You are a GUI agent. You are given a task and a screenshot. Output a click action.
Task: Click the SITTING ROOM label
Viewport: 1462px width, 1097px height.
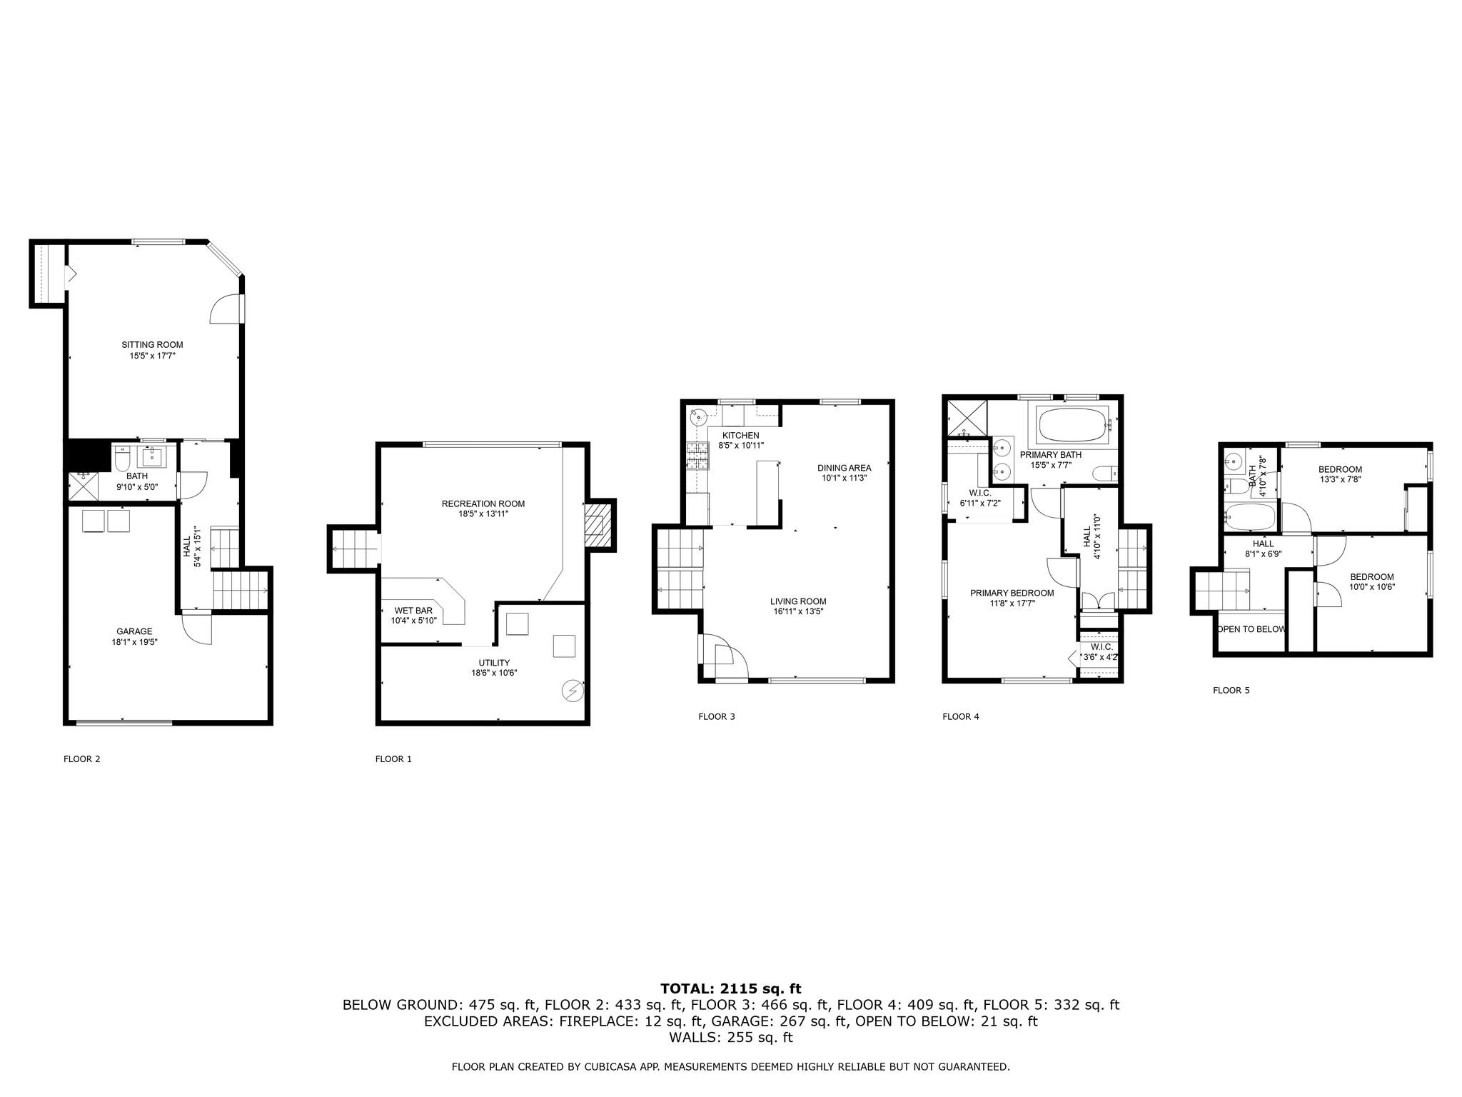(x=152, y=345)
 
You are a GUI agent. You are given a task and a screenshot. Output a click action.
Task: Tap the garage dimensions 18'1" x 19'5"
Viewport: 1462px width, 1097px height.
(x=134, y=641)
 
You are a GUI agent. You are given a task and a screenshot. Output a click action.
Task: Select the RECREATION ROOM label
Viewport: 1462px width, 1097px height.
(x=483, y=504)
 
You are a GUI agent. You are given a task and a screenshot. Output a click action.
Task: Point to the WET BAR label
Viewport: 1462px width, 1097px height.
(x=413, y=611)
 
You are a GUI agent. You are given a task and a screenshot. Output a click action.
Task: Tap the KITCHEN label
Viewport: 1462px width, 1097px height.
(x=740, y=436)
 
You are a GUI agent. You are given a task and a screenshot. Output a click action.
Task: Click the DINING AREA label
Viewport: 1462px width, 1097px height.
(x=844, y=468)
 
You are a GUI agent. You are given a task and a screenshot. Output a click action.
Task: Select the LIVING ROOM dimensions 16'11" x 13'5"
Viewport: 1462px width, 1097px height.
(x=797, y=611)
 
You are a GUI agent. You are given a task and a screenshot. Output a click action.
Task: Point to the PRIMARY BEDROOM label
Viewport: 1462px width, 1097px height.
(x=1012, y=593)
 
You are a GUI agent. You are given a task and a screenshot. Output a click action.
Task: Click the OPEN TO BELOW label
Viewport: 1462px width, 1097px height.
(x=1251, y=629)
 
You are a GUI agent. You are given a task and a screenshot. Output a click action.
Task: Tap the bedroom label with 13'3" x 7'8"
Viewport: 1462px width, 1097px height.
(x=1340, y=469)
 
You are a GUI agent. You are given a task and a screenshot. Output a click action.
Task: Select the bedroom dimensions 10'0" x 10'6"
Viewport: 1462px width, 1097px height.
(x=1371, y=587)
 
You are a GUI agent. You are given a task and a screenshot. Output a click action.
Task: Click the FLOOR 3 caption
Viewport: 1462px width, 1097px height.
(x=716, y=716)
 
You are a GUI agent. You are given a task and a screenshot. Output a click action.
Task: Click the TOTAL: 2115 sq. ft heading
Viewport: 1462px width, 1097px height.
(x=730, y=988)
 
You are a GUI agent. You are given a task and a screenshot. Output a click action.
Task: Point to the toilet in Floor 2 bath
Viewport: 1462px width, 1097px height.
(x=122, y=458)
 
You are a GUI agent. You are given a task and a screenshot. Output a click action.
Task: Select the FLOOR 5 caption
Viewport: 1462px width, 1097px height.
(x=1231, y=691)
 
